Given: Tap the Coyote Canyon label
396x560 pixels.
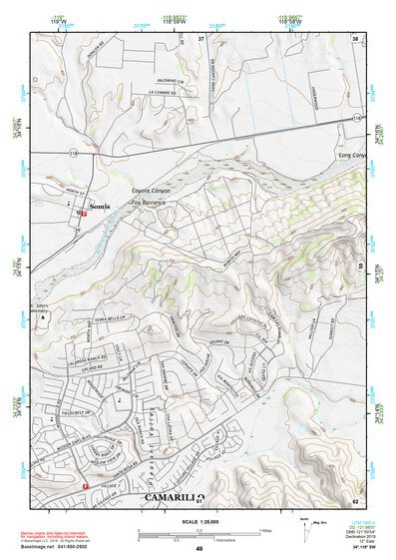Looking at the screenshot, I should (x=152, y=190).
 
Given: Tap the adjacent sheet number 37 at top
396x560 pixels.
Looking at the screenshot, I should (x=200, y=37).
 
